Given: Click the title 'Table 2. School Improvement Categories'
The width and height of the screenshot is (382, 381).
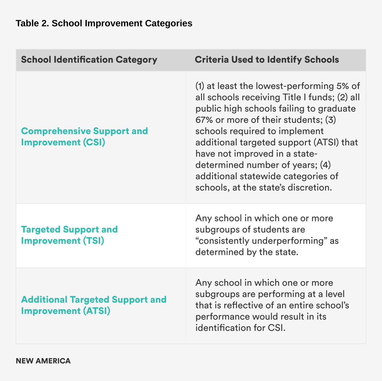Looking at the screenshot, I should click(104, 23).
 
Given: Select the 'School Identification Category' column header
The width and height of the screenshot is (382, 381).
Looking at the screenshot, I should click(89, 60).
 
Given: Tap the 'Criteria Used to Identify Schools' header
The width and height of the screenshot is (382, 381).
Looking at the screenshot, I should click(267, 60).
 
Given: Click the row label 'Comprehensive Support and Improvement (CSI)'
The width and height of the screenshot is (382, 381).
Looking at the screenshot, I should click(84, 137).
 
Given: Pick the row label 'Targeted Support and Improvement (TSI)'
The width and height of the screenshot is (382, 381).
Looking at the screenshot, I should click(69, 235).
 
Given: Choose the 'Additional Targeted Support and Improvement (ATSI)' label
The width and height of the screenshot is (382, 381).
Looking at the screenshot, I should click(94, 305).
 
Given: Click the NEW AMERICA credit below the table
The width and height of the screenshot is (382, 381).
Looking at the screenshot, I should click(43, 361).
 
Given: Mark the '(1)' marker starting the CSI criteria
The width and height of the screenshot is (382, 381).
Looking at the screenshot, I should click(200, 86).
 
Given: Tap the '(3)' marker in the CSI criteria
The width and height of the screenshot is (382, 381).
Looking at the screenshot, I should click(331, 120).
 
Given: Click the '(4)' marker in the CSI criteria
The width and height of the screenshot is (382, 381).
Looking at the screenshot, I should click(325, 165).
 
